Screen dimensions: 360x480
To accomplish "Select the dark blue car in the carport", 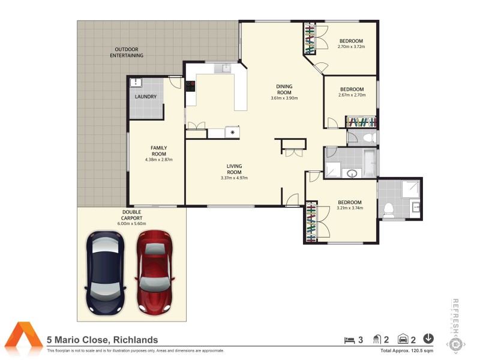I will (x=106, y=272).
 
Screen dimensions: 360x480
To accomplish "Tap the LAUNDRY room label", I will (x=146, y=97).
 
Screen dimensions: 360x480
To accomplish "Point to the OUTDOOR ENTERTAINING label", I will (x=126, y=52).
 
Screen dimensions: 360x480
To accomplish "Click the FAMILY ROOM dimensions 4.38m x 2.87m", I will (x=158, y=160).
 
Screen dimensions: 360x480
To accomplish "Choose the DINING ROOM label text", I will (x=284, y=89).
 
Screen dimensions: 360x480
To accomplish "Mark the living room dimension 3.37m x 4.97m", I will (x=234, y=178).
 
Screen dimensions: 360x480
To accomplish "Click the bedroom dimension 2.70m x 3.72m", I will (x=352, y=46).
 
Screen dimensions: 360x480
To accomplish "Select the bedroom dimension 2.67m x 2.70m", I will (x=352, y=94).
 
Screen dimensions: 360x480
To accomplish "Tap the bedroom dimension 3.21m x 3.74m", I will (x=349, y=208).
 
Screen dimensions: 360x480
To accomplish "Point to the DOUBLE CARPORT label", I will (x=131, y=215).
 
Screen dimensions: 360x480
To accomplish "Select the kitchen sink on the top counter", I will (x=226, y=68).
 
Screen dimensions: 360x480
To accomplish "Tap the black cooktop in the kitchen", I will (x=191, y=85).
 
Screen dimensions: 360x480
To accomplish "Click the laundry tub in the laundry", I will (x=136, y=83).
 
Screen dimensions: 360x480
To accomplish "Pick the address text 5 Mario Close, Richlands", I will (x=102, y=340).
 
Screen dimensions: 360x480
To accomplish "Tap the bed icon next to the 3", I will (x=348, y=340).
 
